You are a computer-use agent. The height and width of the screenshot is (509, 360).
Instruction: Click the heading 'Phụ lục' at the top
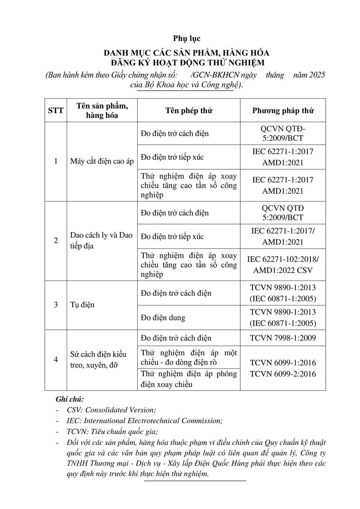(187, 38)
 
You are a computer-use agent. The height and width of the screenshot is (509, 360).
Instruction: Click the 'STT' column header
(56, 110)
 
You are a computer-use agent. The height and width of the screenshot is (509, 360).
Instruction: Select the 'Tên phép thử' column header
(189, 110)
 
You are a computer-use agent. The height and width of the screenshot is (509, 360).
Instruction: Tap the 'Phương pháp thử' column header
(283, 110)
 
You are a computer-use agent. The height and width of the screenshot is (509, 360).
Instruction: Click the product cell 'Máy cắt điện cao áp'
(102, 161)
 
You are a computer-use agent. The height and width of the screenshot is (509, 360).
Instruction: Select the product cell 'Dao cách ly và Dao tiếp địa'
(101, 240)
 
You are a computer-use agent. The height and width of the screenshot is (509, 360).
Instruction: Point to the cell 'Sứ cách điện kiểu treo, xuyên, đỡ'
(98, 360)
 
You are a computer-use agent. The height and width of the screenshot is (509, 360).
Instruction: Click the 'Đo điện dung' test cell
(163, 318)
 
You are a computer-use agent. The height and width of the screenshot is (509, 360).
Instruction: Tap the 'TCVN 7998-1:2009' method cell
(283, 338)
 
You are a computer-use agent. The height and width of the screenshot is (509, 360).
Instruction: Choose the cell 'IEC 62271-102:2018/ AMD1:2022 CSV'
(283, 265)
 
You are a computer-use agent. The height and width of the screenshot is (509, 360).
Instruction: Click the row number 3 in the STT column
(56, 305)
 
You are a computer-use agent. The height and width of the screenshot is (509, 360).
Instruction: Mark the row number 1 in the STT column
(56, 161)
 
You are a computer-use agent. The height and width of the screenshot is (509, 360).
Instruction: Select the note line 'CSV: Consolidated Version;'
(111, 410)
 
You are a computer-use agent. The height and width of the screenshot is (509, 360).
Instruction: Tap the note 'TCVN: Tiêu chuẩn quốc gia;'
(112, 432)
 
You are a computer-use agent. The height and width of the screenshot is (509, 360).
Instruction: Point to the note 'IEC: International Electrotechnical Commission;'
(145, 421)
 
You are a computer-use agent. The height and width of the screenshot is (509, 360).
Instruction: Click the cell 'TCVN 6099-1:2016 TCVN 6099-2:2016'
(283, 368)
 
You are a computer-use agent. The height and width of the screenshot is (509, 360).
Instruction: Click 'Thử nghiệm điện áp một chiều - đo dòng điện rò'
(189, 358)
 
